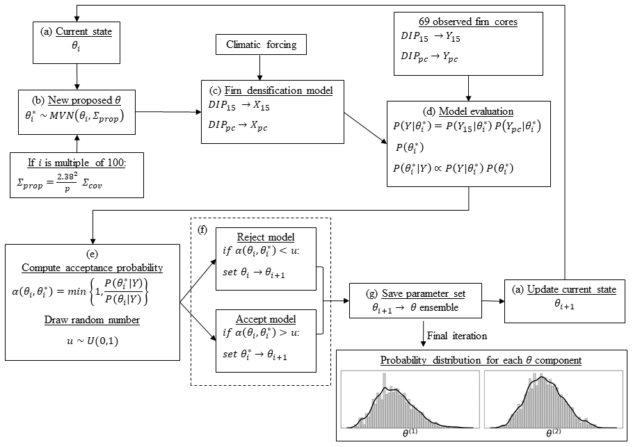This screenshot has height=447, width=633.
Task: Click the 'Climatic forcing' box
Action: click(260, 45)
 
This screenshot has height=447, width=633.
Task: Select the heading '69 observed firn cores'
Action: click(468, 22)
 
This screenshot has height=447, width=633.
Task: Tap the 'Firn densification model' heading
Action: click(271, 90)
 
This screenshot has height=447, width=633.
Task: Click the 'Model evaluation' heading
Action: click(468, 111)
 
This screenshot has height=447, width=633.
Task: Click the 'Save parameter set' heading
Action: click(404, 294)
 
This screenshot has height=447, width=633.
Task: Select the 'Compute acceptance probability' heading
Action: click(92, 268)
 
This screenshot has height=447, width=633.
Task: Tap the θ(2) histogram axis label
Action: click(553, 432)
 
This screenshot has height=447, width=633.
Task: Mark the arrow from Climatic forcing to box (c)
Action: click(260, 68)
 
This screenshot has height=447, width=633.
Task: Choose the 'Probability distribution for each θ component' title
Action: click(481, 360)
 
